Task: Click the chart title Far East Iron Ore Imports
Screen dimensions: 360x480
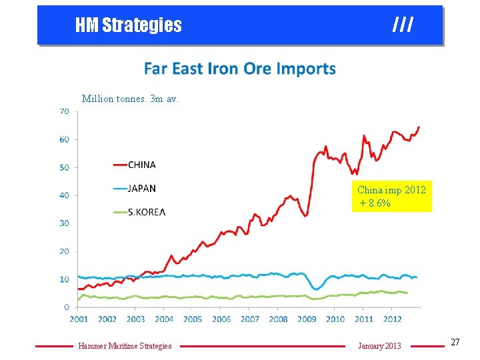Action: tap(240, 69)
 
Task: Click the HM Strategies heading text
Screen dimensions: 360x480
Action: tap(128, 25)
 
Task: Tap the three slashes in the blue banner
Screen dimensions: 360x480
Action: tap(403, 25)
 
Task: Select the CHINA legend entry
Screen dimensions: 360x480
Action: tap(141, 165)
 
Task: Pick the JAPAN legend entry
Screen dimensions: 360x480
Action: tap(141, 188)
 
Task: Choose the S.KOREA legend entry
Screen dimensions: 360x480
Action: tap(146, 212)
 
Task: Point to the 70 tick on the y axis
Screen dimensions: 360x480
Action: tap(64, 111)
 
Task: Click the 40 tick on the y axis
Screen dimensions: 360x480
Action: tap(64, 195)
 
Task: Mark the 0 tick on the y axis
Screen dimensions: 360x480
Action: tap(67, 307)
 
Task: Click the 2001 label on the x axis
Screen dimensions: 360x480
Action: tap(79, 319)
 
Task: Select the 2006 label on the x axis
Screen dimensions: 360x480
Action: tap(221, 319)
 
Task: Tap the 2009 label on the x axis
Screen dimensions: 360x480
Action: tap(307, 319)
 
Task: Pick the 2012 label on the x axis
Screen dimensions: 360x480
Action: tap(392, 319)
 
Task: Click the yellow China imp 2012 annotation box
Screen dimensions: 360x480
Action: tap(392, 196)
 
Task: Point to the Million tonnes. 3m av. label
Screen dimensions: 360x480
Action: tap(130, 99)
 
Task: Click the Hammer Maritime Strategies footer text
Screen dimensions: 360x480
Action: tap(125, 345)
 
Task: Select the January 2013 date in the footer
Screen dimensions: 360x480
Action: tap(379, 345)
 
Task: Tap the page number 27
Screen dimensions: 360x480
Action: tap(455, 342)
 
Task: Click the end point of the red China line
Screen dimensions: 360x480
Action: tap(419, 127)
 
